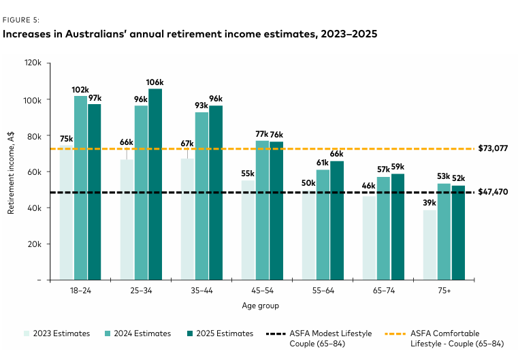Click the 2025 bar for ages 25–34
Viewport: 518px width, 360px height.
[x=155, y=184]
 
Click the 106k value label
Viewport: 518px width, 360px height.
[x=156, y=83]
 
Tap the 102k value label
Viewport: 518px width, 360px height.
[x=80, y=90]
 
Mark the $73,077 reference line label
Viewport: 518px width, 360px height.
[x=493, y=148]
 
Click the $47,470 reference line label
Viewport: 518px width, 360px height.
[x=493, y=193]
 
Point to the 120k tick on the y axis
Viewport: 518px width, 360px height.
[x=33, y=63]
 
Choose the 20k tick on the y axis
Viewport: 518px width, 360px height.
[x=34, y=244]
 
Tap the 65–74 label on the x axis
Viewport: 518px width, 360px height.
[x=384, y=290]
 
